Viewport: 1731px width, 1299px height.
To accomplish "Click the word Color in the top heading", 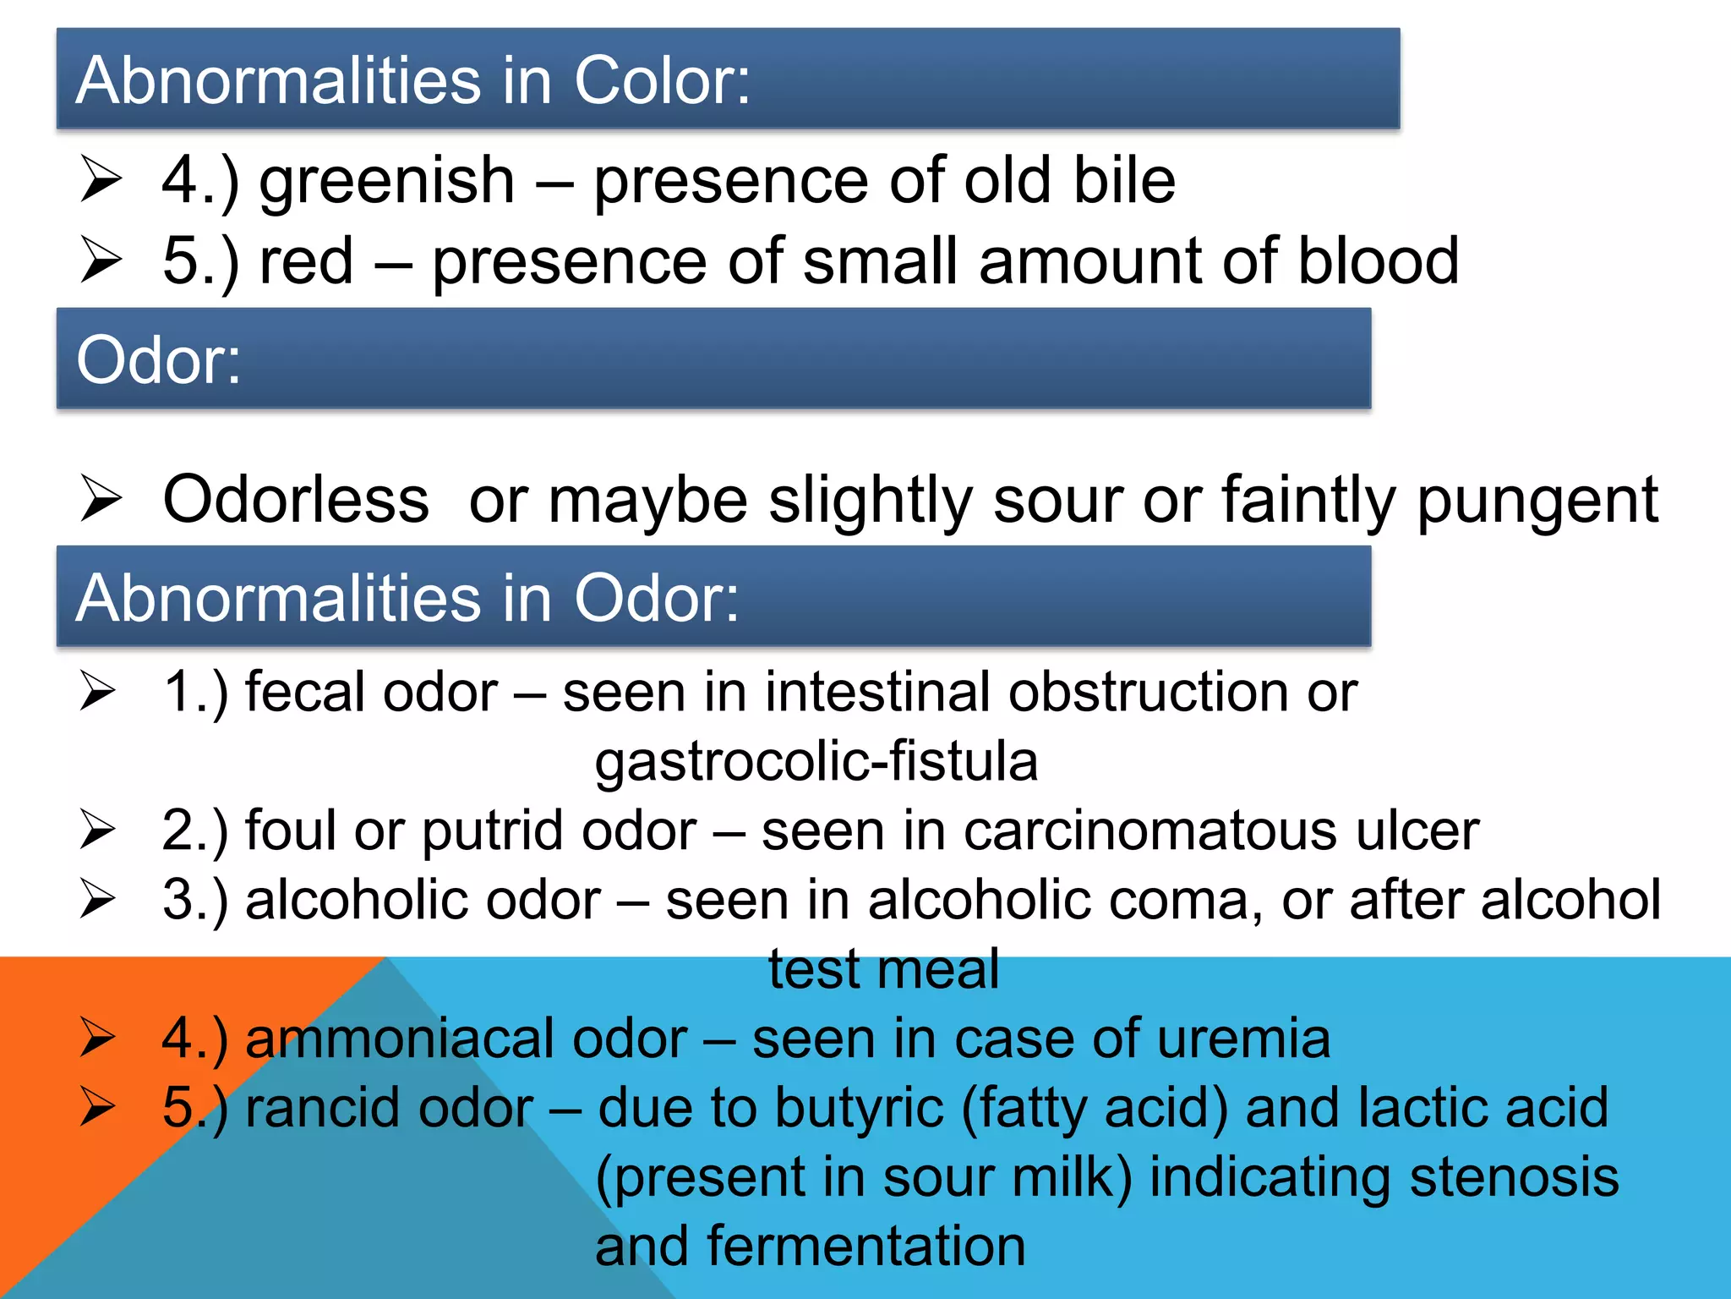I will [x=661, y=80].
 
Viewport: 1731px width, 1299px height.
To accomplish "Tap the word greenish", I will [x=386, y=182].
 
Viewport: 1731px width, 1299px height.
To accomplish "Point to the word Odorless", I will [x=296, y=499].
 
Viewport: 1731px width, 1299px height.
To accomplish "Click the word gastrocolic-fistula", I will [x=816, y=760].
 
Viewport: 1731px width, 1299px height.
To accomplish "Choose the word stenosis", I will [x=1514, y=1176].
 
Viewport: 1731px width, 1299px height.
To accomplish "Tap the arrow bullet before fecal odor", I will [x=99, y=691].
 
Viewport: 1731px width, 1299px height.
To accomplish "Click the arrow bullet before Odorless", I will [x=101, y=498].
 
